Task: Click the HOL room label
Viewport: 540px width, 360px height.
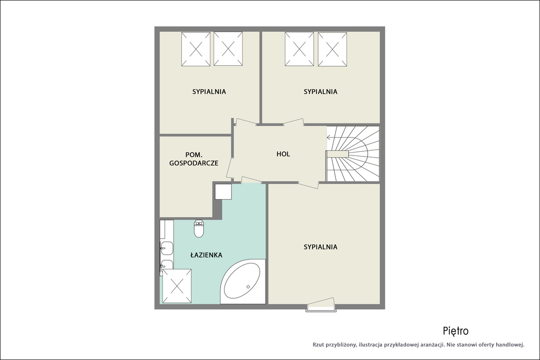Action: pyautogui.click(x=283, y=154)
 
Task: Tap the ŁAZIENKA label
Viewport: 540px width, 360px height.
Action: pyautogui.click(x=206, y=255)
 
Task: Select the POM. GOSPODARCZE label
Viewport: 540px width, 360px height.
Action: pyautogui.click(x=194, y=159)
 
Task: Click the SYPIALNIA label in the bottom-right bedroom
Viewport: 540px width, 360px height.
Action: pyautogui.click(x=320, y=247)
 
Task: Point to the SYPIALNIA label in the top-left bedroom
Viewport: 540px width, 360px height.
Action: pyautogui.click(x=209, y=92)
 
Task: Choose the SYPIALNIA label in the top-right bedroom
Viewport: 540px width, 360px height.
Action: pyautogui.click(x=320, y=92)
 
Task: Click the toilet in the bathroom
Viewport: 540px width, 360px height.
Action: pyautogui.click(x=199, y=229)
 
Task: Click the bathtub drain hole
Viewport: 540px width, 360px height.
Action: pyautogui.click(x=248, y=286)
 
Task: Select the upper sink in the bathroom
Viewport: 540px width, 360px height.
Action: pyautogui.click(x=167, y=247)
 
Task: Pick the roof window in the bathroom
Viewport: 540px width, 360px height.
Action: pyautogui.click(x=177, y=286)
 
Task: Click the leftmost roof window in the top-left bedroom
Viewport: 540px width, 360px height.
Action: pyautogui.click(x=196, y=49)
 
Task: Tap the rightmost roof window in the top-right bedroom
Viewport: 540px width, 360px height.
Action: pyautogui.click(x=332, y=49)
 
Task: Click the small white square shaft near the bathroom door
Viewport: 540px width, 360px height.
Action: pyautogui.click(x=224, y=191)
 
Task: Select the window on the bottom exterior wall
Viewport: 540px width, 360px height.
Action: pyautogui.click(x=321, y=305)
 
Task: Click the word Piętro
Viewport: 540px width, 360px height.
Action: pyautogui.click(x=456, y=331)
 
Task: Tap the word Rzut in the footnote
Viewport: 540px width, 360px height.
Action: pyautogui.click(x=319, y=345)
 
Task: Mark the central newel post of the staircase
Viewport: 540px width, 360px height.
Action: pyautogui.click(x=338, y=154)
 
